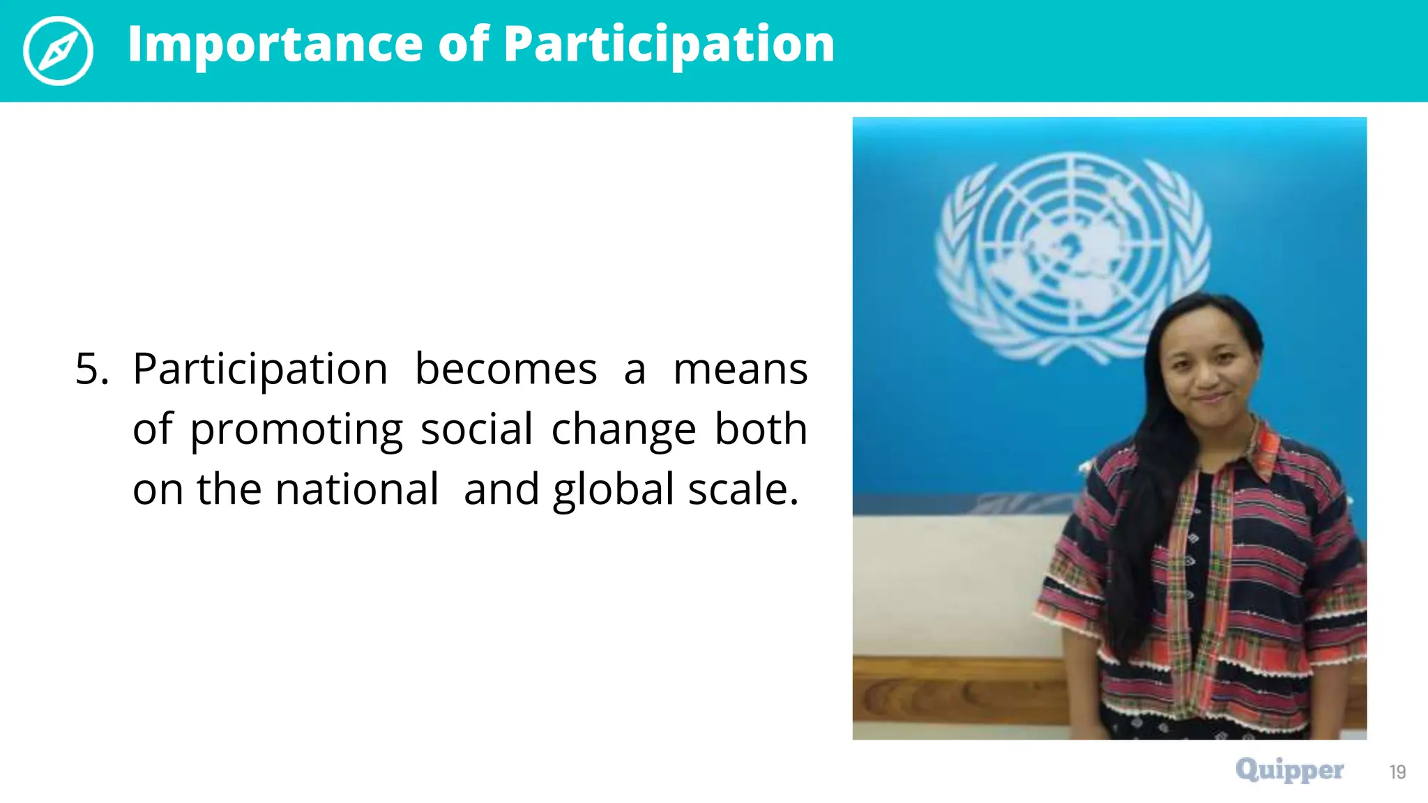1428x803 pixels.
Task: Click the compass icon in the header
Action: tap(58, 50)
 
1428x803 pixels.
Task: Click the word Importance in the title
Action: tap(275, 45)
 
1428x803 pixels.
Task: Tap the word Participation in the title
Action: tap(669, 45)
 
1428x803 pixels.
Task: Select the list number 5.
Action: tap(91, 369)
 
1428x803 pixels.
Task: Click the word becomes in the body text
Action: tap(506, 369)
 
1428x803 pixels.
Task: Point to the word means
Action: tap(740, 369)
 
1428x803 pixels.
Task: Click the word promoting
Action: tap(296, 429)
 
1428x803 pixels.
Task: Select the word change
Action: tap(623, 429)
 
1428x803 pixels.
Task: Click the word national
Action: tap(357, 489)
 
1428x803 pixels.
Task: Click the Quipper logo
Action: tap(1289, 770)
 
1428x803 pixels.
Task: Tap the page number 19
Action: tap(1397, 772)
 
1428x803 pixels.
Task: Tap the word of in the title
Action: tap(464, 45)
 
